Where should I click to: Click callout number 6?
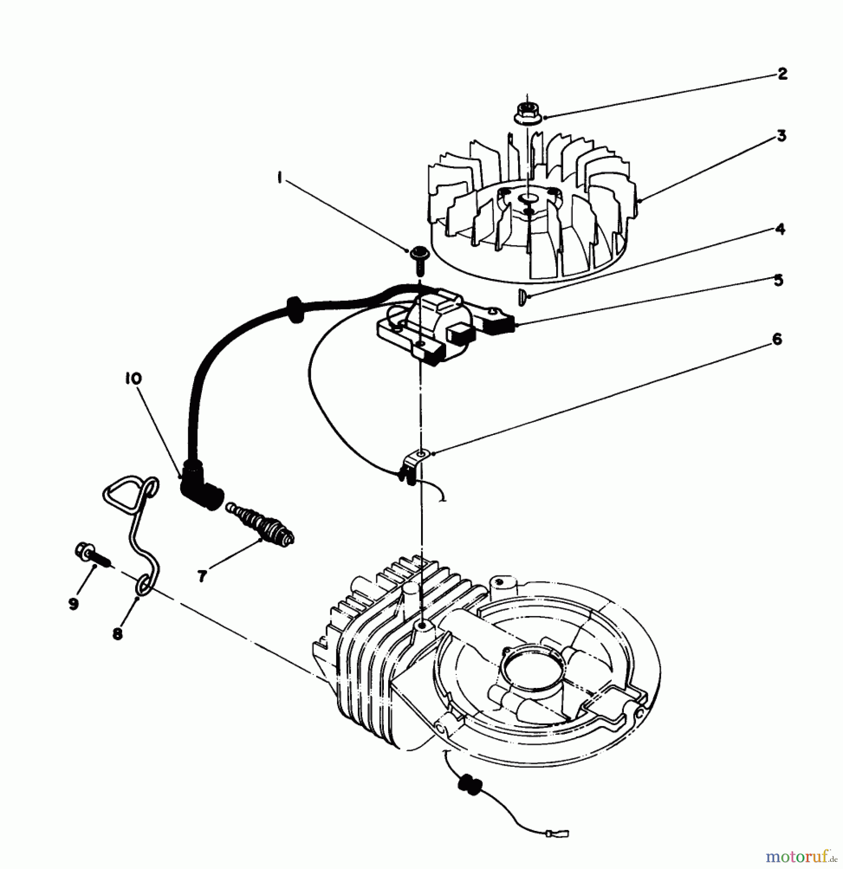point(777,339)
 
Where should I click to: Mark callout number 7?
point(202,575)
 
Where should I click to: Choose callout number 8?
point(117,633)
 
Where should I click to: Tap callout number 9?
point(73,603)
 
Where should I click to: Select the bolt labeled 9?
point(93,555)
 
